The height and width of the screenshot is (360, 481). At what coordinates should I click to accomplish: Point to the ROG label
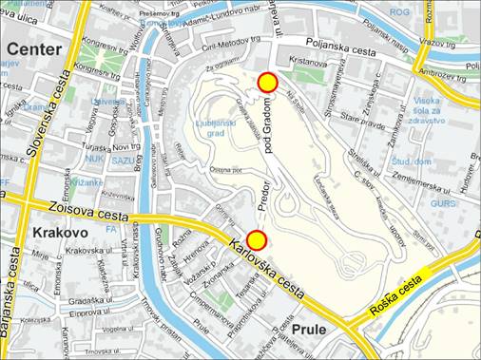399,12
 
